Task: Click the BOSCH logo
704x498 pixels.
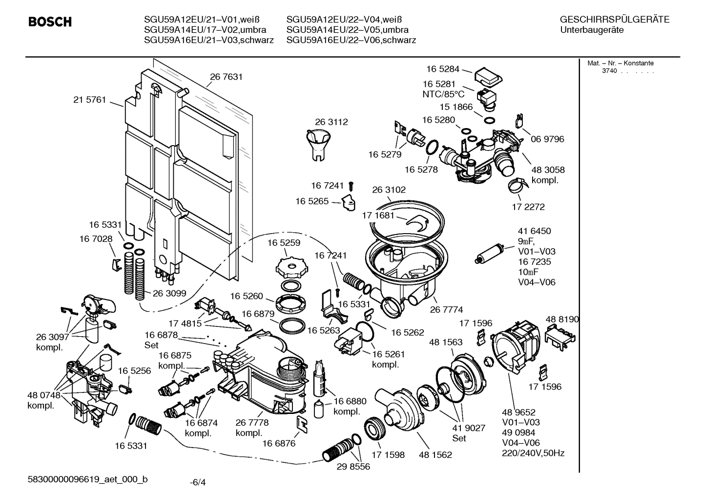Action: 50,22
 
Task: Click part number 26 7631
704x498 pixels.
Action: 226,77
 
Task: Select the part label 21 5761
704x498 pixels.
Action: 89,100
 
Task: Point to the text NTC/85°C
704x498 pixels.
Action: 443,94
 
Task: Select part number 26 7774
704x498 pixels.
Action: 446,309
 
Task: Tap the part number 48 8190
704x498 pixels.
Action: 562,319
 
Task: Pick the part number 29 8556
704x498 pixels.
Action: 353,467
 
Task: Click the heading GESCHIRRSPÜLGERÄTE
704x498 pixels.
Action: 614,20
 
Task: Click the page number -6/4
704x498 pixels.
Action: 198,482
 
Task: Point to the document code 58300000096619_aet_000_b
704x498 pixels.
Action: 88,479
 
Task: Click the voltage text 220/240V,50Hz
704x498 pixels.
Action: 533,453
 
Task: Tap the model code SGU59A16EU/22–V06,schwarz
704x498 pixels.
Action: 351,40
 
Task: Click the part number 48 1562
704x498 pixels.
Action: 435,455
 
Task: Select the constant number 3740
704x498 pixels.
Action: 609,71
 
